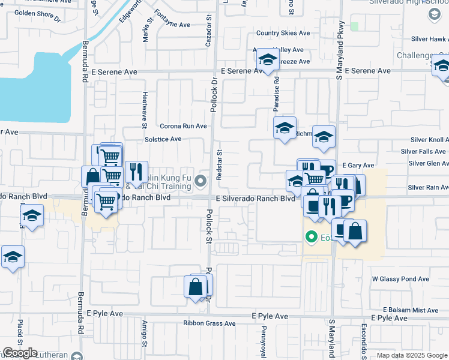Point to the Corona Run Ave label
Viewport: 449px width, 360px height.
183,127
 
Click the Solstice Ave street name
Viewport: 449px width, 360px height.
163,139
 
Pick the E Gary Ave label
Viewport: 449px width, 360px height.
358,166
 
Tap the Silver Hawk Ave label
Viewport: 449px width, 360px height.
429,39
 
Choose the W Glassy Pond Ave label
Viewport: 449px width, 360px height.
400,279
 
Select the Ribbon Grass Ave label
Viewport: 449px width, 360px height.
209,323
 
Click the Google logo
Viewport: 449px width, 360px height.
20,353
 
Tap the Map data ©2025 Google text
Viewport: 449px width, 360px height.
412,355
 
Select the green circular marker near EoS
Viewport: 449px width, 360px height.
311,236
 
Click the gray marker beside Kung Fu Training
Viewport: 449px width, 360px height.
201,180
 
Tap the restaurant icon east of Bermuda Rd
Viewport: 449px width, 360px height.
136,172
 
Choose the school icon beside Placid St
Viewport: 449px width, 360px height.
13,257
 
